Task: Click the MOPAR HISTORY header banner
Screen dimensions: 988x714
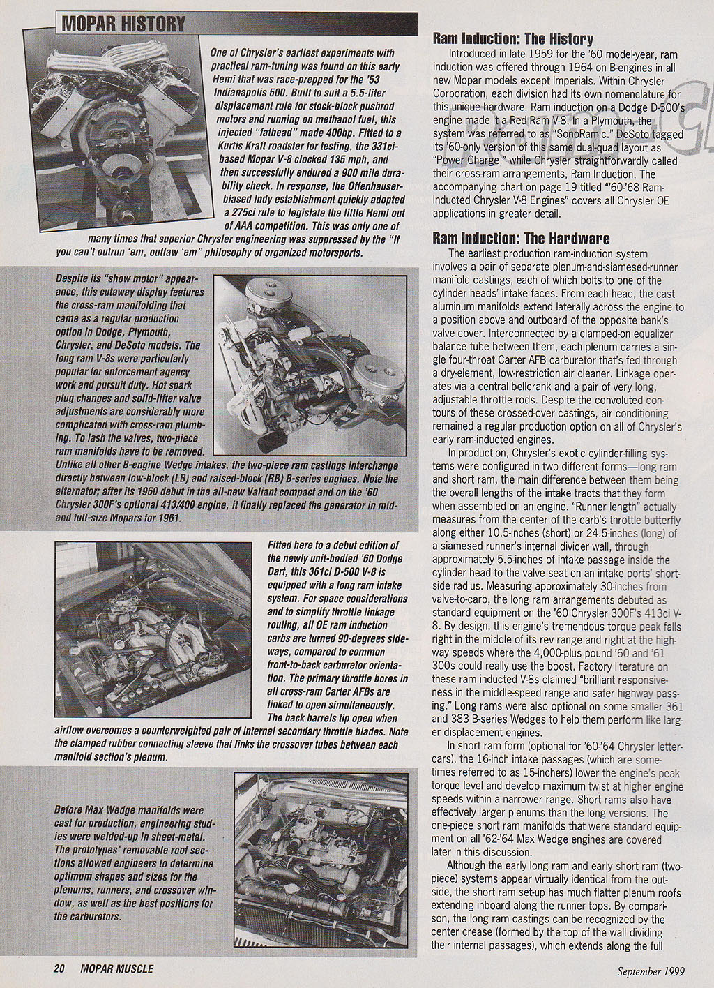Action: click(x=123, y=24)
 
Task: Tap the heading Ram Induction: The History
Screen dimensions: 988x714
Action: click(x=513, y=39)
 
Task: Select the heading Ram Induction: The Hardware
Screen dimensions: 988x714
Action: click(x=521, y=239)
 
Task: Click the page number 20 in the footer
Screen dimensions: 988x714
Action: click(x=59, y=968)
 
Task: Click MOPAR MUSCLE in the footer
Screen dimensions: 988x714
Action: click(x=116, y=968)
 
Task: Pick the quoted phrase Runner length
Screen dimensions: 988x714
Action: click(x=625, y=507)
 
